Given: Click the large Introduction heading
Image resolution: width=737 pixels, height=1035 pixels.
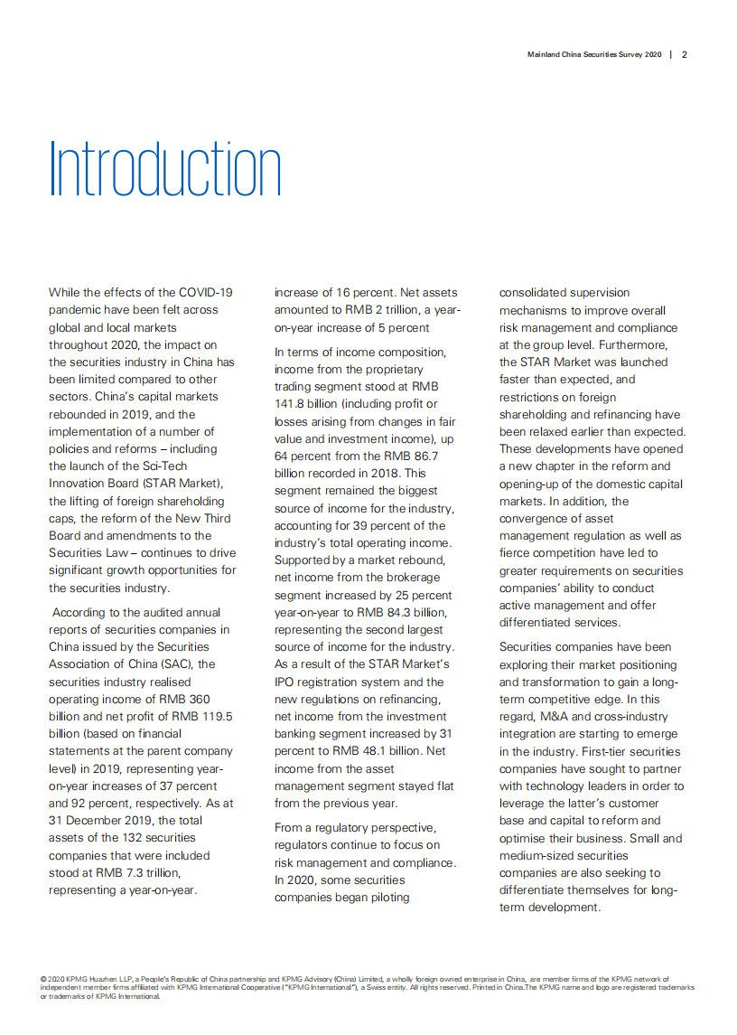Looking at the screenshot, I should [165, 169].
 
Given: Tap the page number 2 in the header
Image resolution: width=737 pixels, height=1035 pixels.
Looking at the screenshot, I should [685, 54].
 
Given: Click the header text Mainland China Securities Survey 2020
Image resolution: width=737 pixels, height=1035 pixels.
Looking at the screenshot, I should [594, 54].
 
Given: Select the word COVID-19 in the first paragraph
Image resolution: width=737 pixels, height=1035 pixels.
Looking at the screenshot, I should [206, 292].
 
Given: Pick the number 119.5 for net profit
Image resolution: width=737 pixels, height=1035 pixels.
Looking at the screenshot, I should [216, 716].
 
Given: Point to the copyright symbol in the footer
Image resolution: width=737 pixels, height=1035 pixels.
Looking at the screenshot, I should [43, 979].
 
